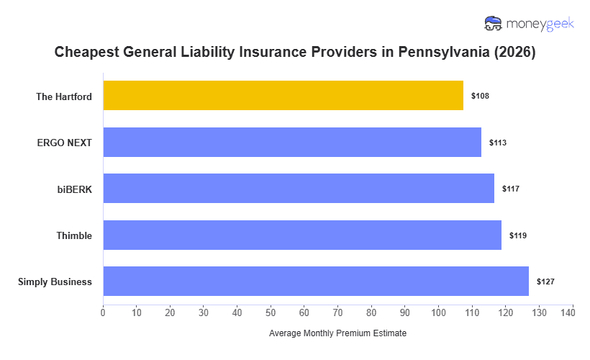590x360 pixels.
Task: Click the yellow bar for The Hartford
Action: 283,96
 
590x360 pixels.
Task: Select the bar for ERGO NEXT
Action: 292,143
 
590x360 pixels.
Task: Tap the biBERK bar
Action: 299,189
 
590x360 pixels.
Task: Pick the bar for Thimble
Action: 302,235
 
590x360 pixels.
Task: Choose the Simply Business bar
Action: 316,282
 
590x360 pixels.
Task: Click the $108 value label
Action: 480,96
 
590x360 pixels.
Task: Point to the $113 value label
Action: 498,143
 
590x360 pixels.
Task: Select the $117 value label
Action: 511,189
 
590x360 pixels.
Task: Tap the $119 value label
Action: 518,235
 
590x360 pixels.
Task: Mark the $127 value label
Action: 545,282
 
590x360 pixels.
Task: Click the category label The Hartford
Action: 64,96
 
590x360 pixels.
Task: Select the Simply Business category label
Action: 55,282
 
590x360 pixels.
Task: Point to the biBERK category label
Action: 75,189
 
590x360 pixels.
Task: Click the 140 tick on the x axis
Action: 572,312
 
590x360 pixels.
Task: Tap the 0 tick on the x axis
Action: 103,312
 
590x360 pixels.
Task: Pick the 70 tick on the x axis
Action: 337,312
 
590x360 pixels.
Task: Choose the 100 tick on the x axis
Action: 438,312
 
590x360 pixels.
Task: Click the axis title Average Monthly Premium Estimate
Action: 337,334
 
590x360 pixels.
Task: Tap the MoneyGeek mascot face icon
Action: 494,24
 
